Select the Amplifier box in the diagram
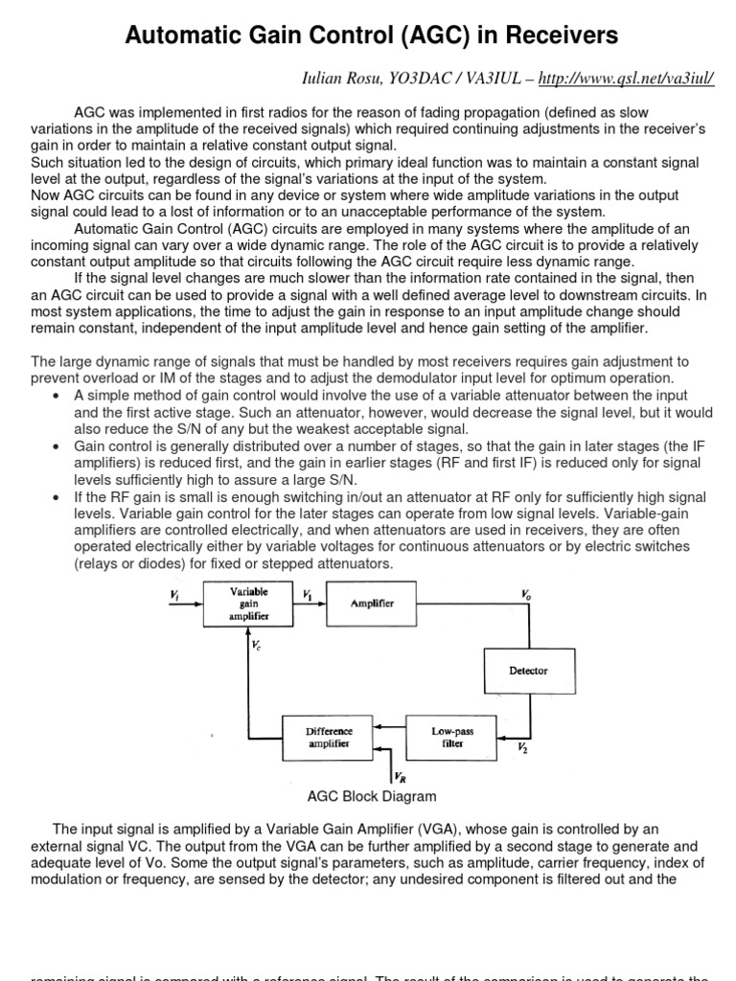(371, 605)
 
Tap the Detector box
(528, 671)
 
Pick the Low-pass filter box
(452, 737)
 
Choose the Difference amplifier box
(329, 737)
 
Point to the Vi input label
(174, 595)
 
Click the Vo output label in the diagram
(526, 595)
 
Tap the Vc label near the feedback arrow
(256, 647)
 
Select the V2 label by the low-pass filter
(522, 746)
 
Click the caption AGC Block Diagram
(371, 796)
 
